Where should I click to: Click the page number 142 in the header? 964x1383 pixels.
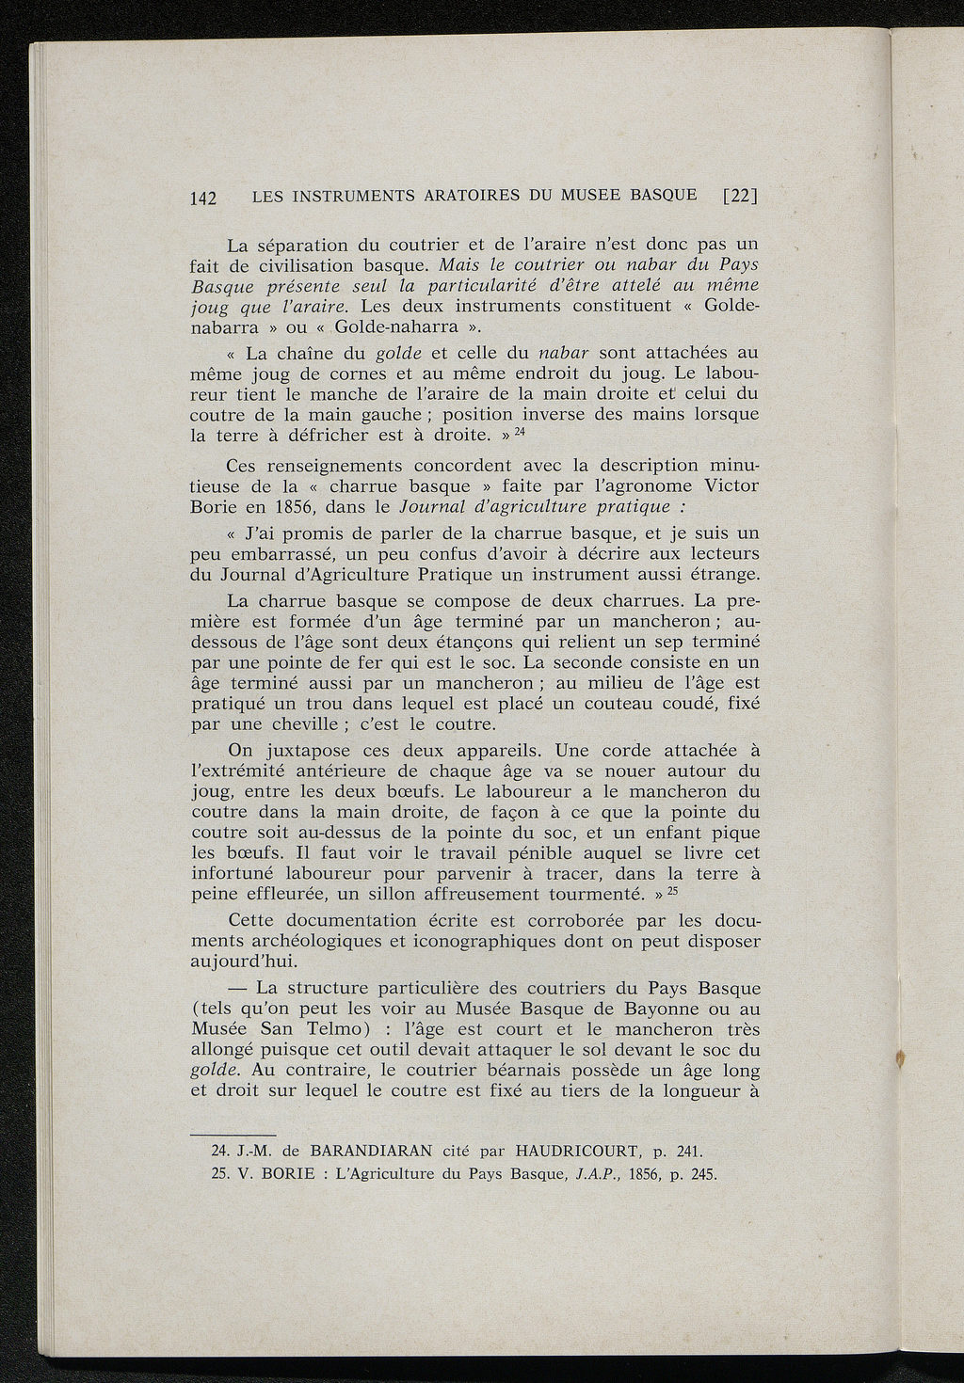(203, 198)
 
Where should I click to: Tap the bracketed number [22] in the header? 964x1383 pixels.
(740, 196)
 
